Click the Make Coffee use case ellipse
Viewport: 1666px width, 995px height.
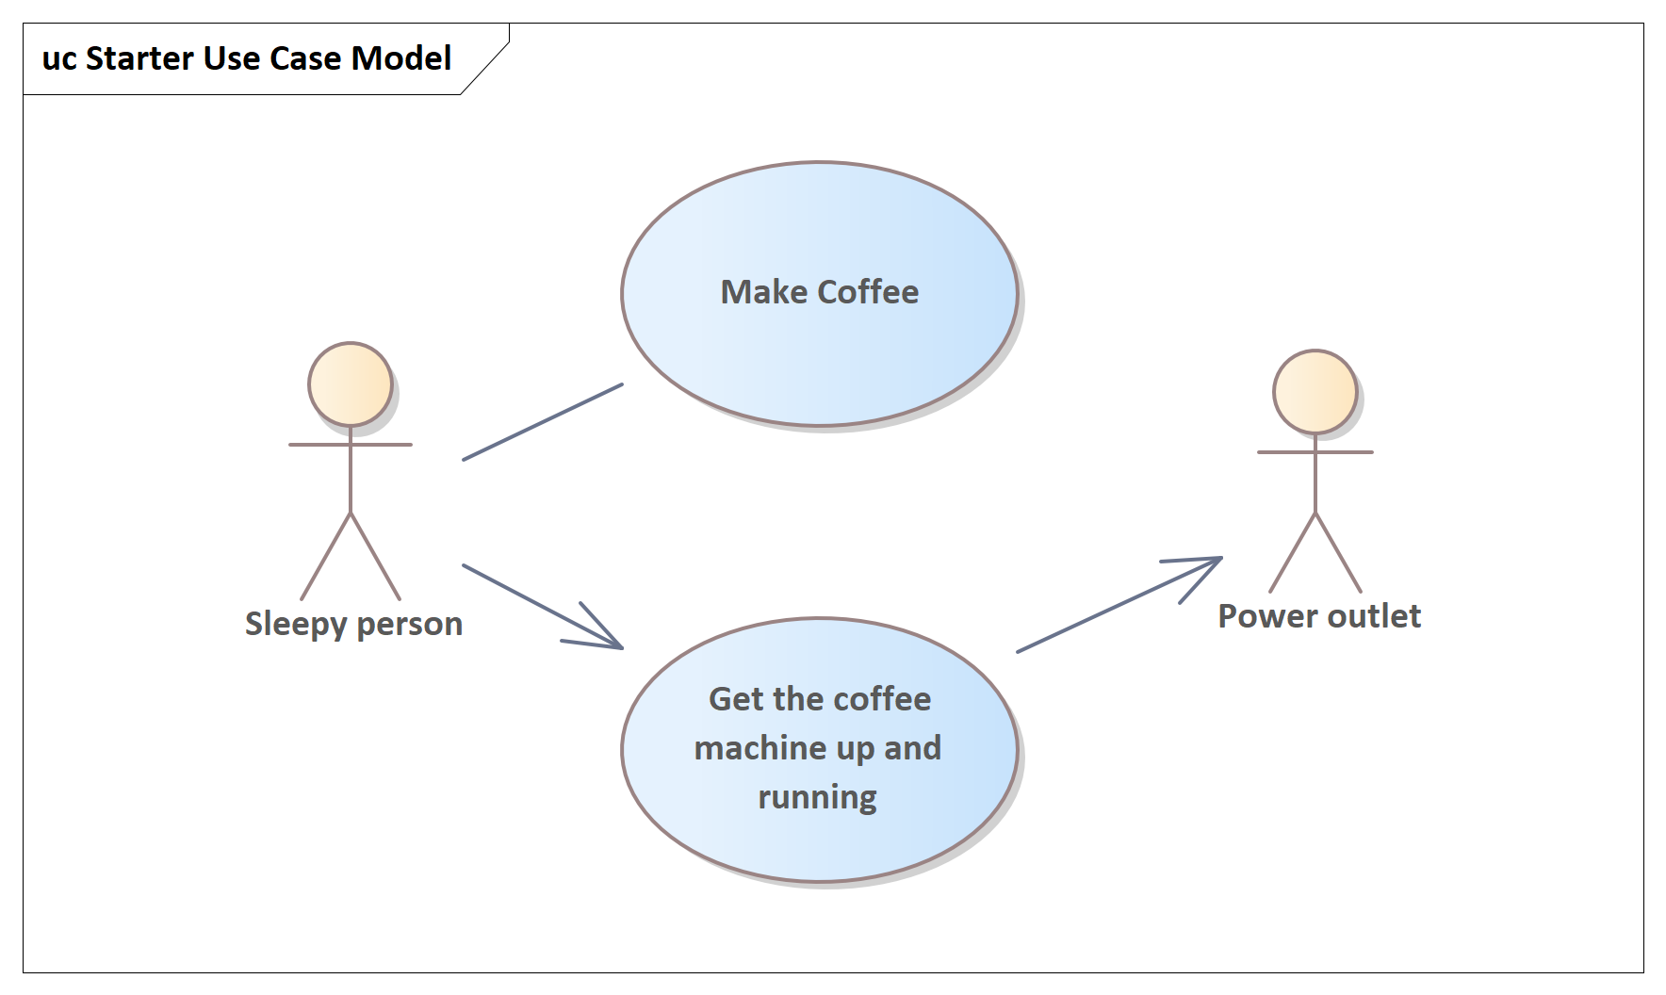(820, 294)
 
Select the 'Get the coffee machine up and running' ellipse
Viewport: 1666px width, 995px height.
(820, 750)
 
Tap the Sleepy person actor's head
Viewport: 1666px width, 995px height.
(351, 384)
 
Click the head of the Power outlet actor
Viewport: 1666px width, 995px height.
(1315, 392)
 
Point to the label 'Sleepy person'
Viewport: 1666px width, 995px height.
(354, 624)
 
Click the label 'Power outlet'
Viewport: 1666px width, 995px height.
(1319, 616)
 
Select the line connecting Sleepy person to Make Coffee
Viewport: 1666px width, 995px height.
(543, 422)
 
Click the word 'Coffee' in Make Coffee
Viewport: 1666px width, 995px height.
(868, 292)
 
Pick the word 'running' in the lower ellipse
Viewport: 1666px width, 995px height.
(818, 798)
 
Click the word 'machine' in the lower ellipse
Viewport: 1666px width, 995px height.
(759, 748)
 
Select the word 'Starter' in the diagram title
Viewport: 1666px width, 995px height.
(140, 58)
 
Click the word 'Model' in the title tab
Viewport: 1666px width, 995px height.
(401, 58)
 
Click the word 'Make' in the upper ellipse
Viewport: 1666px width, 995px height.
(764, 292)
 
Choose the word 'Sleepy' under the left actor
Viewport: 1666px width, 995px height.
(296, 625)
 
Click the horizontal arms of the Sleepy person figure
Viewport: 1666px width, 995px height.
(351, 444)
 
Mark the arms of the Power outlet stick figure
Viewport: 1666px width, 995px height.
(1315, 452)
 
